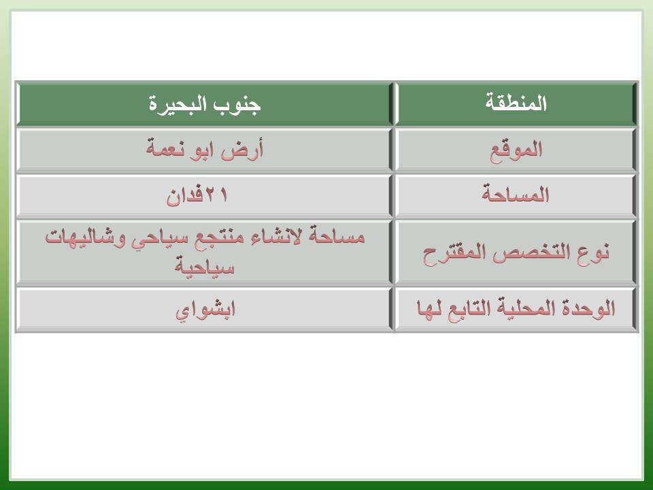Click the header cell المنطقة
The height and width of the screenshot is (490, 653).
516,103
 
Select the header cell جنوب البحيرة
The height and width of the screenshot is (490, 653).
205,103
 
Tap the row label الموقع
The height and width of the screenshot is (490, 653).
516,150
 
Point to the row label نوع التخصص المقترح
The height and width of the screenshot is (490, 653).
516,252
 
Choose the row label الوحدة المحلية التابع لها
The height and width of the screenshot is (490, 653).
516,309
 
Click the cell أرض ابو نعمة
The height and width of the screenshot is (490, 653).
205,150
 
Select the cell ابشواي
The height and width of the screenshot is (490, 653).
205,310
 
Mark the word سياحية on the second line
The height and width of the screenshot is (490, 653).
205,267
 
